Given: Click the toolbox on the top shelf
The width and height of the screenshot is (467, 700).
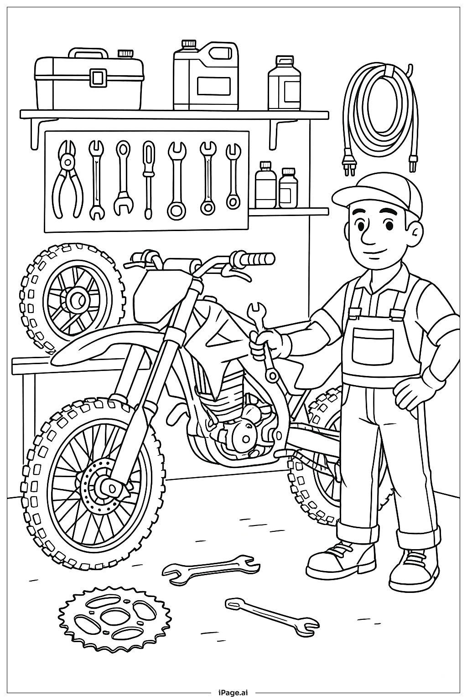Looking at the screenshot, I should pyautogui.click(x=89, y=82).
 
